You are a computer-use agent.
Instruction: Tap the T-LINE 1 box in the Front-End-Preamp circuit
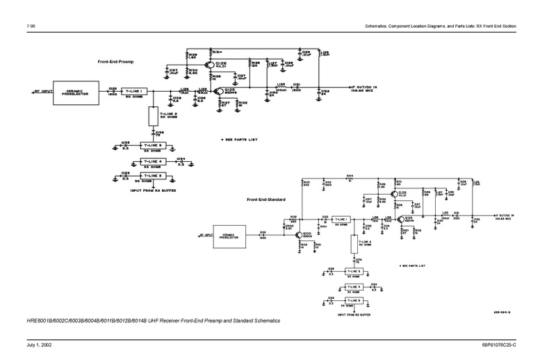click(134, 91)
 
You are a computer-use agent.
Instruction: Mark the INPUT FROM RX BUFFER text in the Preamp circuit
click(151, 188)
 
